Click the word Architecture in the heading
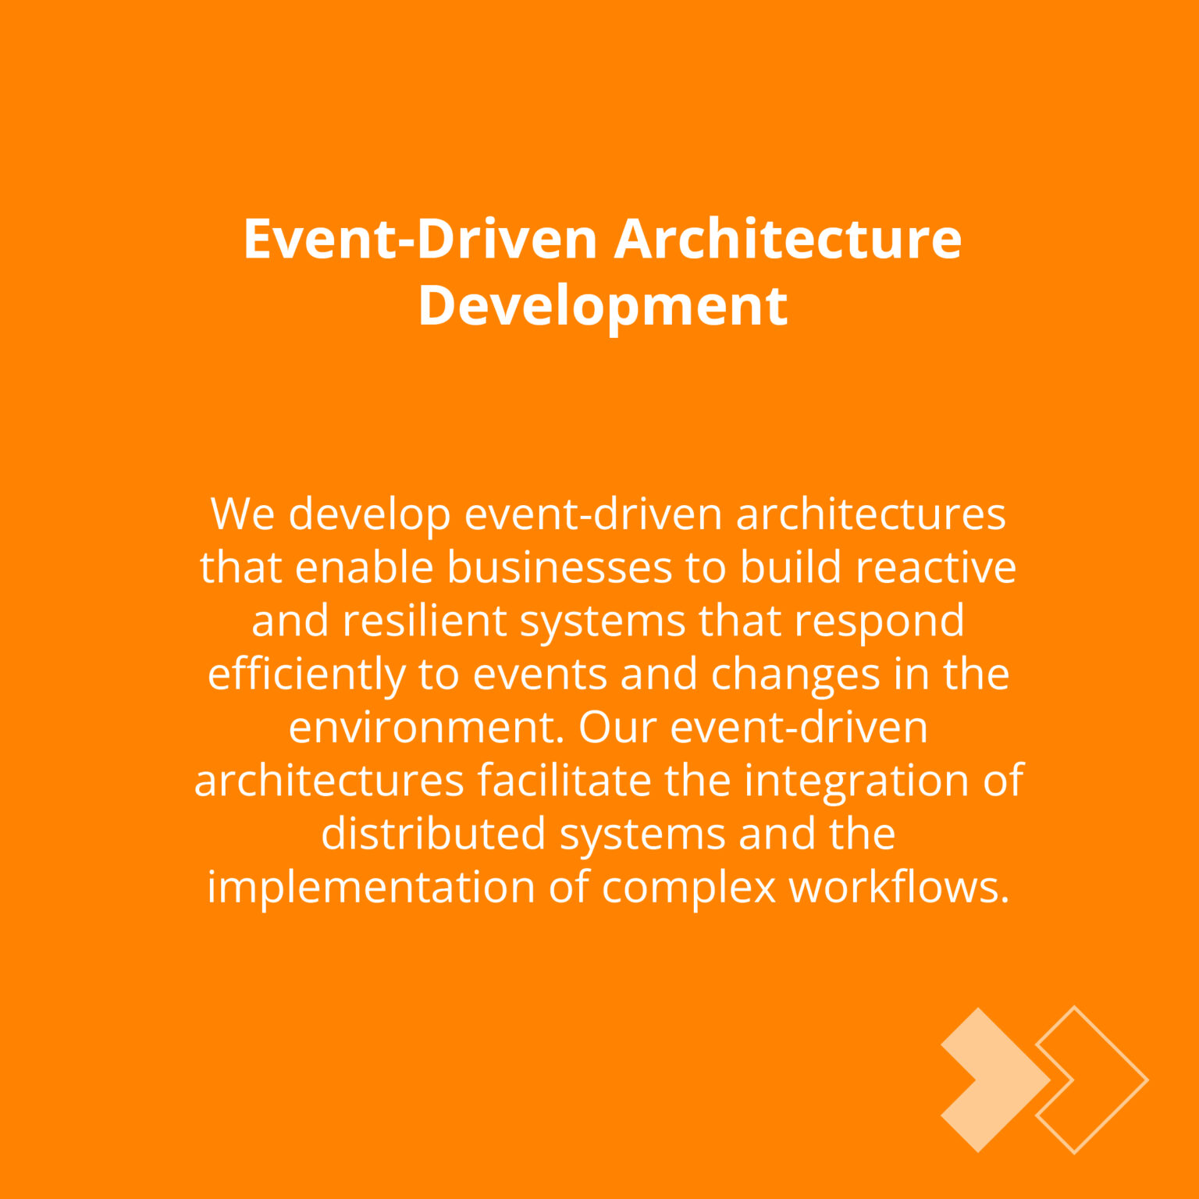click(788, 239)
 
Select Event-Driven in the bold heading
click(421, 239)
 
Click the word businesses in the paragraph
click(559, 567)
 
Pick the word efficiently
click(306, 675)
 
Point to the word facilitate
click(564, 781)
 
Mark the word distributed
click(432, 834)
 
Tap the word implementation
click(371, 888)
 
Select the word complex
click(689, 888)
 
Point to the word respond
click(879, 622)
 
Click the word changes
click(795, 675)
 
